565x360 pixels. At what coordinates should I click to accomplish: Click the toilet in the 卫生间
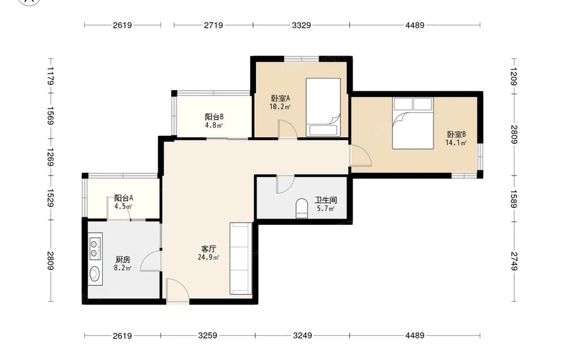(301, 209)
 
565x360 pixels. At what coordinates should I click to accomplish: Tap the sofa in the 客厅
(240, 258)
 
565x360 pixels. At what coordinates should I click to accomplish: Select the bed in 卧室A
(323, 107)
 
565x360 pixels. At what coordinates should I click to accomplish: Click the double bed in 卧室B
(412, 123)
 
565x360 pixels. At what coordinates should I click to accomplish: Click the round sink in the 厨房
(95, 274)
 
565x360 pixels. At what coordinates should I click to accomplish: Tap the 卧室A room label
(280, 98)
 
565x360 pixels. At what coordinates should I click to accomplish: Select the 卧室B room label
(457, 135)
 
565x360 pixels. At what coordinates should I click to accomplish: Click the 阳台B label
(214, 117)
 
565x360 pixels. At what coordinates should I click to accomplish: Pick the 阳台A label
(124, 198)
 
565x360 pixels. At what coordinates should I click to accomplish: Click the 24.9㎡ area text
(208, 257)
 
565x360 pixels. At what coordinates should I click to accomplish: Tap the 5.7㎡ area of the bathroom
(326, 209)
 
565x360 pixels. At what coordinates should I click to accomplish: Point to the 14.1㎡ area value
(456, 143)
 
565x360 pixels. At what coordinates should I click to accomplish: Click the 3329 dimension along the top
(301, 25)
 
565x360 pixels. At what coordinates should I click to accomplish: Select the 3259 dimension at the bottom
(208, 336)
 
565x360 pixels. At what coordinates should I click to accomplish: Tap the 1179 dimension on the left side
(50, 76)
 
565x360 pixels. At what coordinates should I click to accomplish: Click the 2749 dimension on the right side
(514, 261)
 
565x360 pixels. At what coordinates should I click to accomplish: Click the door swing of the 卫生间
(285, 184)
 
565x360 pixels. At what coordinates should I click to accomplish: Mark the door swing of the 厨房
(151, 261)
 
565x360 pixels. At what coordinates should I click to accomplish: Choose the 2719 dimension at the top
(214, 25)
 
